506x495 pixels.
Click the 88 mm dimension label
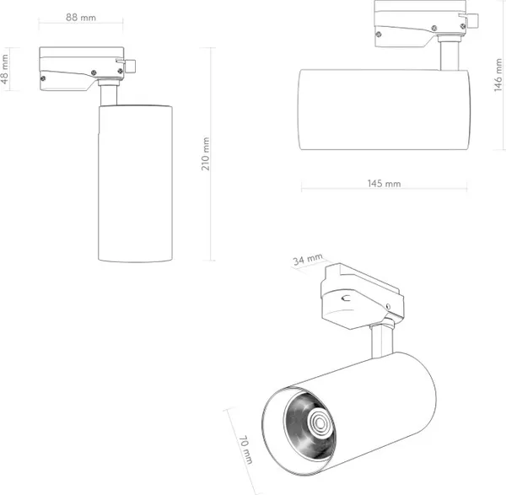coord(81,18)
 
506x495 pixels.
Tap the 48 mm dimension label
coord(4,69)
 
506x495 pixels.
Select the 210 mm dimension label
coord(206,154)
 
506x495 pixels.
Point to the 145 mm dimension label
coord(384,184)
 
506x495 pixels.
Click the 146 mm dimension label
coord(498,75)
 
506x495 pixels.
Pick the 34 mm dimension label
coord(308,260)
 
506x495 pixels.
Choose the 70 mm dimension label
coord(245,449)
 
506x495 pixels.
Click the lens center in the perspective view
coord(320,422)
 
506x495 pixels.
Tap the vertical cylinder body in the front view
coord(135,183)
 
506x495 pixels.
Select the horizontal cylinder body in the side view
coord(384,110)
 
